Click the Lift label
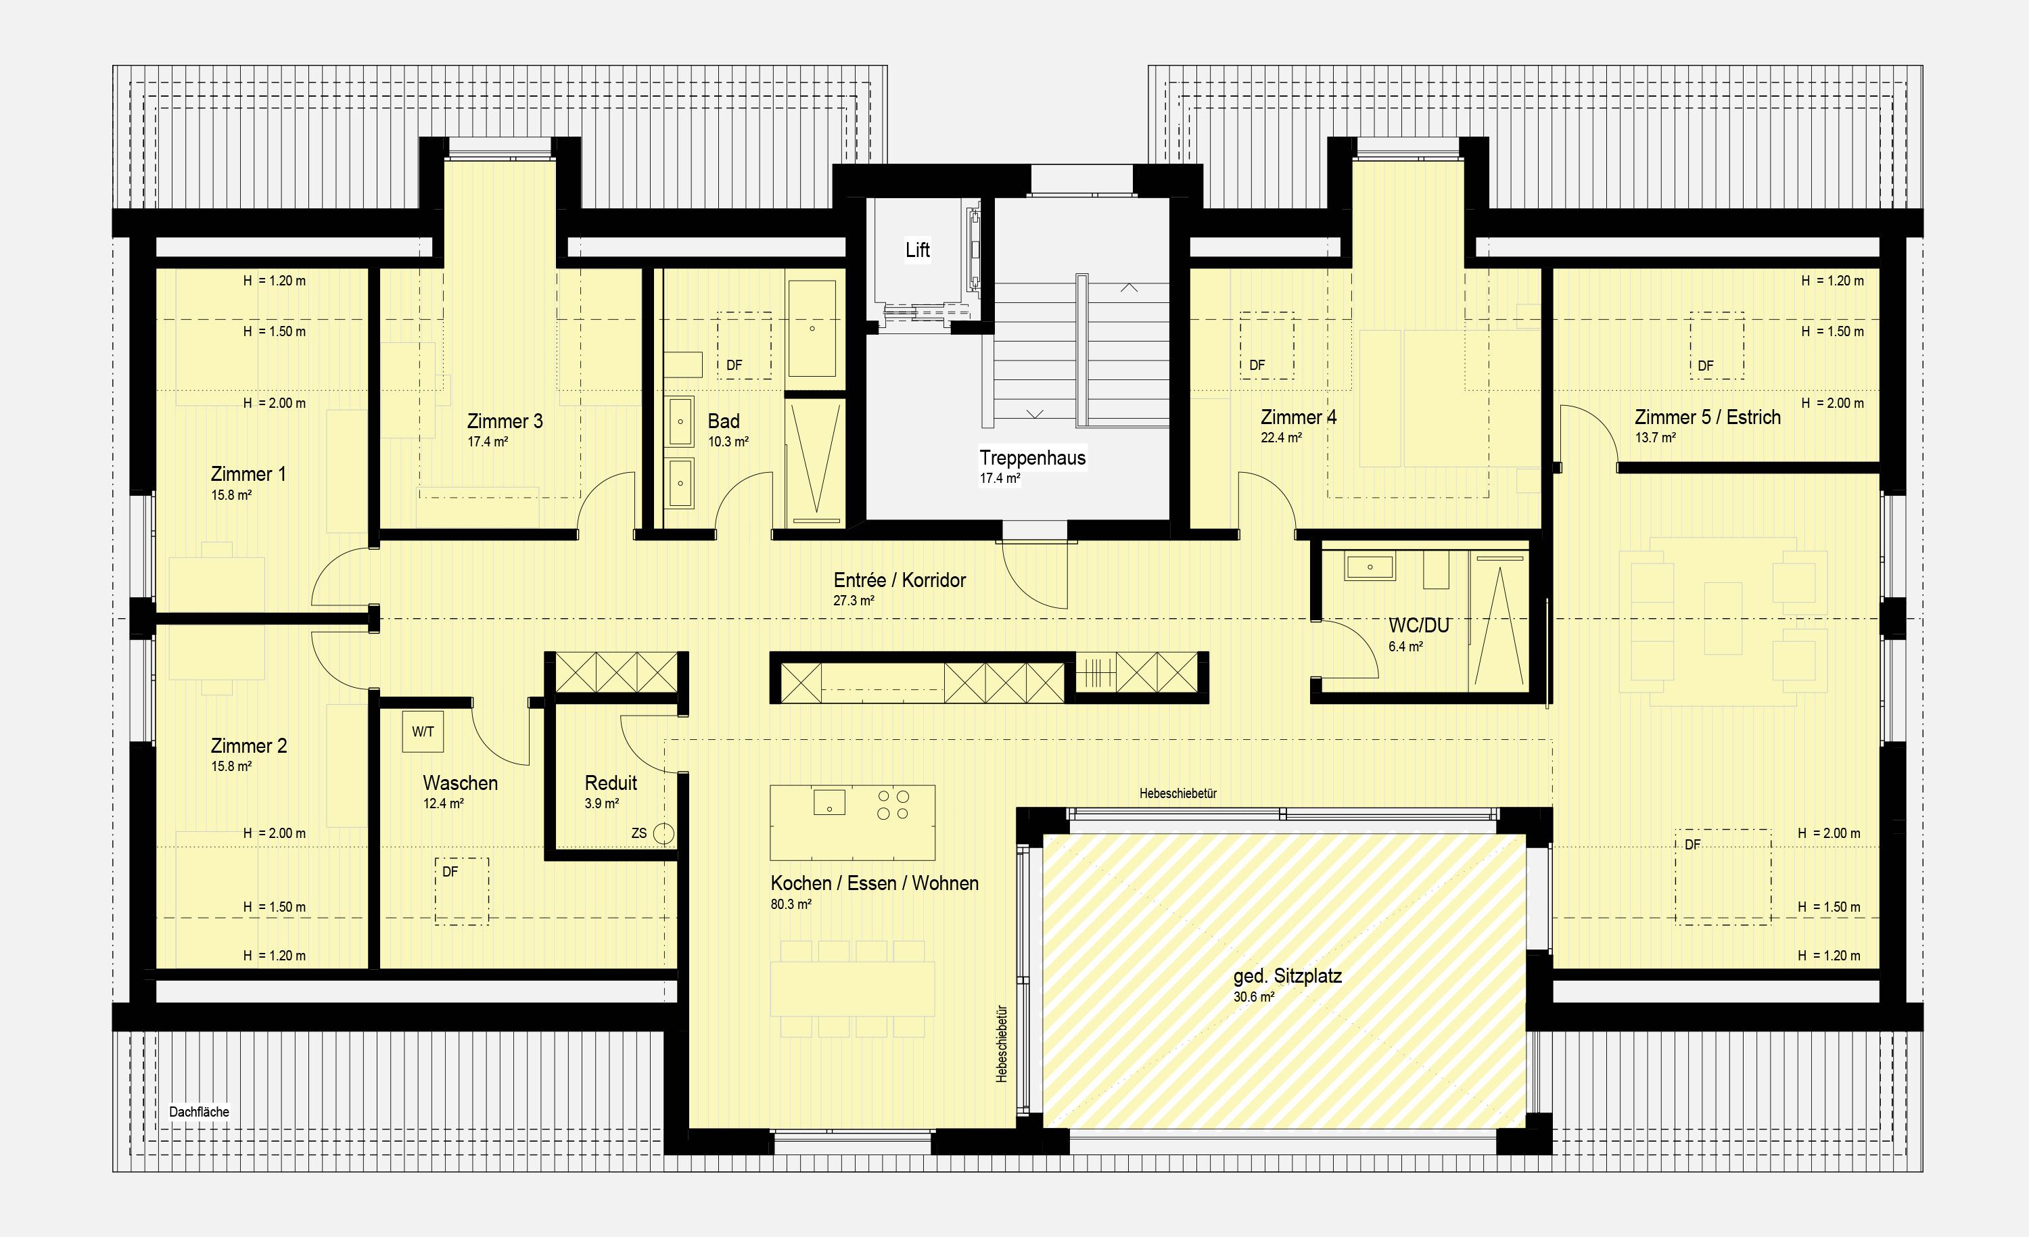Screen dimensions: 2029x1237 [x=917, y=250]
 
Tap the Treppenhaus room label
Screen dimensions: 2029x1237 [x=1033, y=458]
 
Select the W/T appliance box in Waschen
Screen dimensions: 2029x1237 [x=423, y=731]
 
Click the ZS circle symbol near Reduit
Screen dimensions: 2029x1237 [x=663, y=833]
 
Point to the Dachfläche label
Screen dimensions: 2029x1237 [x=200, y=1112]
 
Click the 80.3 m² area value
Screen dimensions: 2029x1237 [x=791, y=904]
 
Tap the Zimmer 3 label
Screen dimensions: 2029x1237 [x=505, y=421]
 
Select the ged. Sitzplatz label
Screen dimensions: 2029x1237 [x=1288, y=977]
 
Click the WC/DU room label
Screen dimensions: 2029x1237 [x=1419, y=626]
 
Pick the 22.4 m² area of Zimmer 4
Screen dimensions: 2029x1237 [x=1281, y=438]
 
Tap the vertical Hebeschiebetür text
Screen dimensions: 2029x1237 [x=1002, y=1043]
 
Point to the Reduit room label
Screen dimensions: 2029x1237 [x=611, y=783]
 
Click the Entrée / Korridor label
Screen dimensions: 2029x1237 [x=900, y=580]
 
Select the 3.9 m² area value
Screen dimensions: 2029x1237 [x=602, y=803]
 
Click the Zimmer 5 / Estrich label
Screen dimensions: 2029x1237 [x=1708, y=417]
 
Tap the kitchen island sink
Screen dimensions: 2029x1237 [x=829, y=801]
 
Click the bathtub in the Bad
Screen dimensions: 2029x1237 [x=812, y=329]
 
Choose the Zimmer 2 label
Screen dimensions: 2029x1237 [x=249, y=745]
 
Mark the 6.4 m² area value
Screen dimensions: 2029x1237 [x=1405, y=647]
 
